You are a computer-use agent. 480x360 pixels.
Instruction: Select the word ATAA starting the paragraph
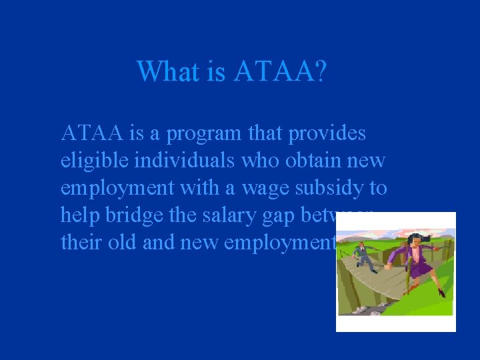[x=92, y=133]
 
